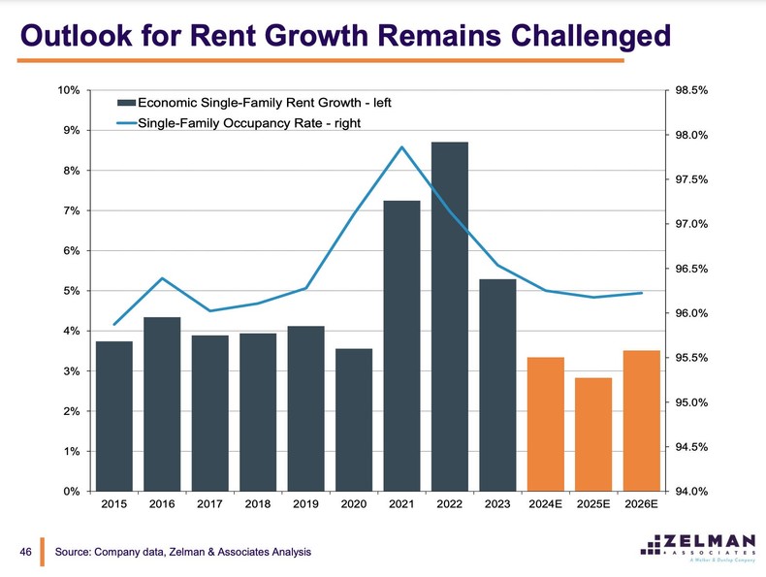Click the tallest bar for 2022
tap(450, 316)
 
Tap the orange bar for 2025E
tap(593, 433)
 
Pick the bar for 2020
tap(354, 419)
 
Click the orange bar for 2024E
tap(546, 424)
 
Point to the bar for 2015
tap(114, 416)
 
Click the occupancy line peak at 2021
tap(401, 147)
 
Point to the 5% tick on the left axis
tap(69, 291)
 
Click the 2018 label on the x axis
tap(258, 504)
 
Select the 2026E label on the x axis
tap(641, 504)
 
